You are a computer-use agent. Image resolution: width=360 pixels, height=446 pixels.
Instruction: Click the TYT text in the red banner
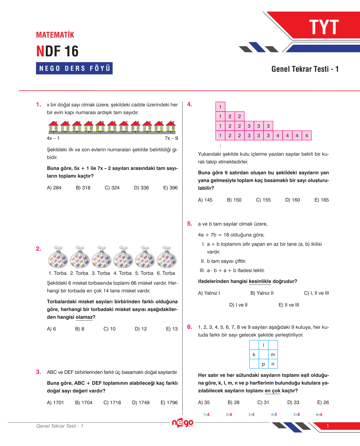pos(324,27)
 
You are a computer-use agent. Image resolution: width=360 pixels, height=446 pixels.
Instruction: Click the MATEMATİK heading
pos(55,35)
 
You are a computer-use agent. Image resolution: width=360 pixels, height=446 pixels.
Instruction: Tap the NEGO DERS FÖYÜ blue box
pos(74,68)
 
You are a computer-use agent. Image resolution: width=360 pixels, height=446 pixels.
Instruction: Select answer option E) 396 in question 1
pos(170,188)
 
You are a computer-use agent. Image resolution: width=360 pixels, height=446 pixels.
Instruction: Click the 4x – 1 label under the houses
pos(53,138)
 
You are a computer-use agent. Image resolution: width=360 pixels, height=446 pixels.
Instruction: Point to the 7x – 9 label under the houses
pos(171,138)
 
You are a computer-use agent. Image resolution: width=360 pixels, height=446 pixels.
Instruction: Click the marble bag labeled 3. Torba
pos(101,257)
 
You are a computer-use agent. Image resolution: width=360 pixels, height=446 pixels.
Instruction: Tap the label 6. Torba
pos(166,273)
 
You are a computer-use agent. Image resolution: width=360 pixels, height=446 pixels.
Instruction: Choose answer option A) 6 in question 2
pos(51,329)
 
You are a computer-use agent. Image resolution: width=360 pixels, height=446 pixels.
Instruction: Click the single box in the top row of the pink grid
pos(220,107)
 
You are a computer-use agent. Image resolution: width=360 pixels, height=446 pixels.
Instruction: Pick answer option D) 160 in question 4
pos(292,200)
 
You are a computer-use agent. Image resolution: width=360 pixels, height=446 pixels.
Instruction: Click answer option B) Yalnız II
pos(262,293)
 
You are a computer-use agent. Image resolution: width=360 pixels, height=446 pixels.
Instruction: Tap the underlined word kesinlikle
pos(260,281)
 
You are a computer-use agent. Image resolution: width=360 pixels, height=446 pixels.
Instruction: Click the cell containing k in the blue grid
pos(254,355)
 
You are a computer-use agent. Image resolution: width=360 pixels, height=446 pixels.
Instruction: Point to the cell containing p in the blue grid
pos(263,364)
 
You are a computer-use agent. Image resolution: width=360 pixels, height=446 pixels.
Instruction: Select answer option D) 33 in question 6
pos(293,402)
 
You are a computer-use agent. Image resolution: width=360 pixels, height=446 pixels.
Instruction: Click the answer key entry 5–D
pos(296,415)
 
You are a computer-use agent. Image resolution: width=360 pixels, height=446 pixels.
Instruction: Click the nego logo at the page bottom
pos(182,423)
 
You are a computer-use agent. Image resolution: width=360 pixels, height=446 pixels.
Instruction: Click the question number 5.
pos(190,224)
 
